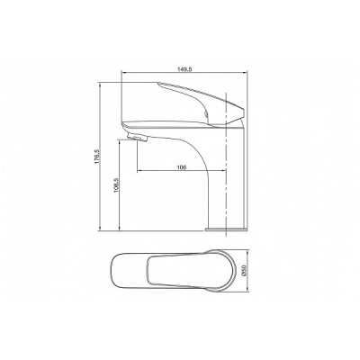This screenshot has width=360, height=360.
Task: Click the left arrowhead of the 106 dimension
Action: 137,171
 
